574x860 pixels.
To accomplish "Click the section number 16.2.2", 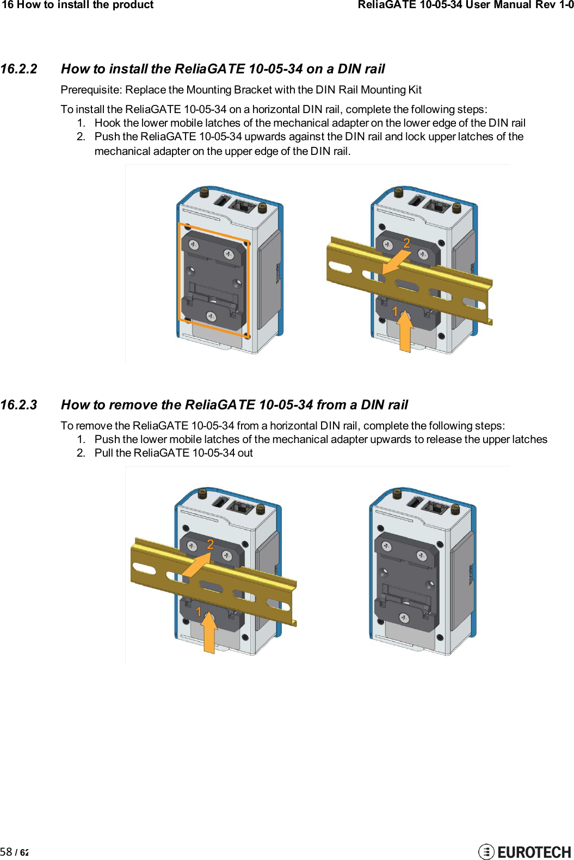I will click(x=19, y=69).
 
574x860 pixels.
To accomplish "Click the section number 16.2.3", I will click(x=19, y=405).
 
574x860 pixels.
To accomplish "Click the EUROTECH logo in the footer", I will click(x=524, y=851).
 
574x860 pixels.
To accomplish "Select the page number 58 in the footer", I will click(x=6, y=851).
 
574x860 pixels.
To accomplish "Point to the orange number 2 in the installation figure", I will click(x=406, y=243).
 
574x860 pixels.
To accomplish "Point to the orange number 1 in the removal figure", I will click(x=199, y=612).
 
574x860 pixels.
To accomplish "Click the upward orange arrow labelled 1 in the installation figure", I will click(x=405, y=333).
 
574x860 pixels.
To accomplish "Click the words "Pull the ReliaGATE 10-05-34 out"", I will click(x=174, y=453).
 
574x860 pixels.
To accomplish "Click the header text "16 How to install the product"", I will click(x=78, y=5).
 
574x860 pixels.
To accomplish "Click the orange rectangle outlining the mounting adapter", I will click(x=180, y=272).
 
